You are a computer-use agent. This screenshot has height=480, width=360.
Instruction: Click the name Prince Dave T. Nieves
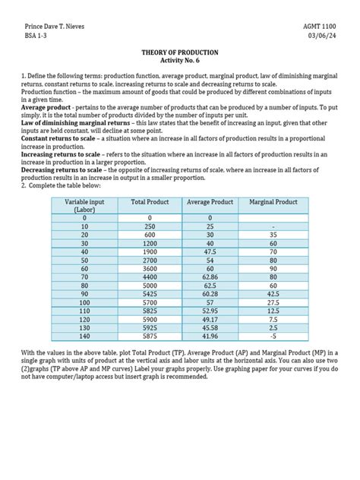56,26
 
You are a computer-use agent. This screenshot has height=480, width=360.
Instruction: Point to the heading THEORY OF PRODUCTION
179,52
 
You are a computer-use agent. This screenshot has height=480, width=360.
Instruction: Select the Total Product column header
149,203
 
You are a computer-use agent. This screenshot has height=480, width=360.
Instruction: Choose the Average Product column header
209,203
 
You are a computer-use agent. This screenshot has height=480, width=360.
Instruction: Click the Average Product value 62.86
209,277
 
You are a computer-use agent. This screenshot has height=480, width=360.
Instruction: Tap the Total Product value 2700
149,259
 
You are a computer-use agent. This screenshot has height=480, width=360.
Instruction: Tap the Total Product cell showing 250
149,226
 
